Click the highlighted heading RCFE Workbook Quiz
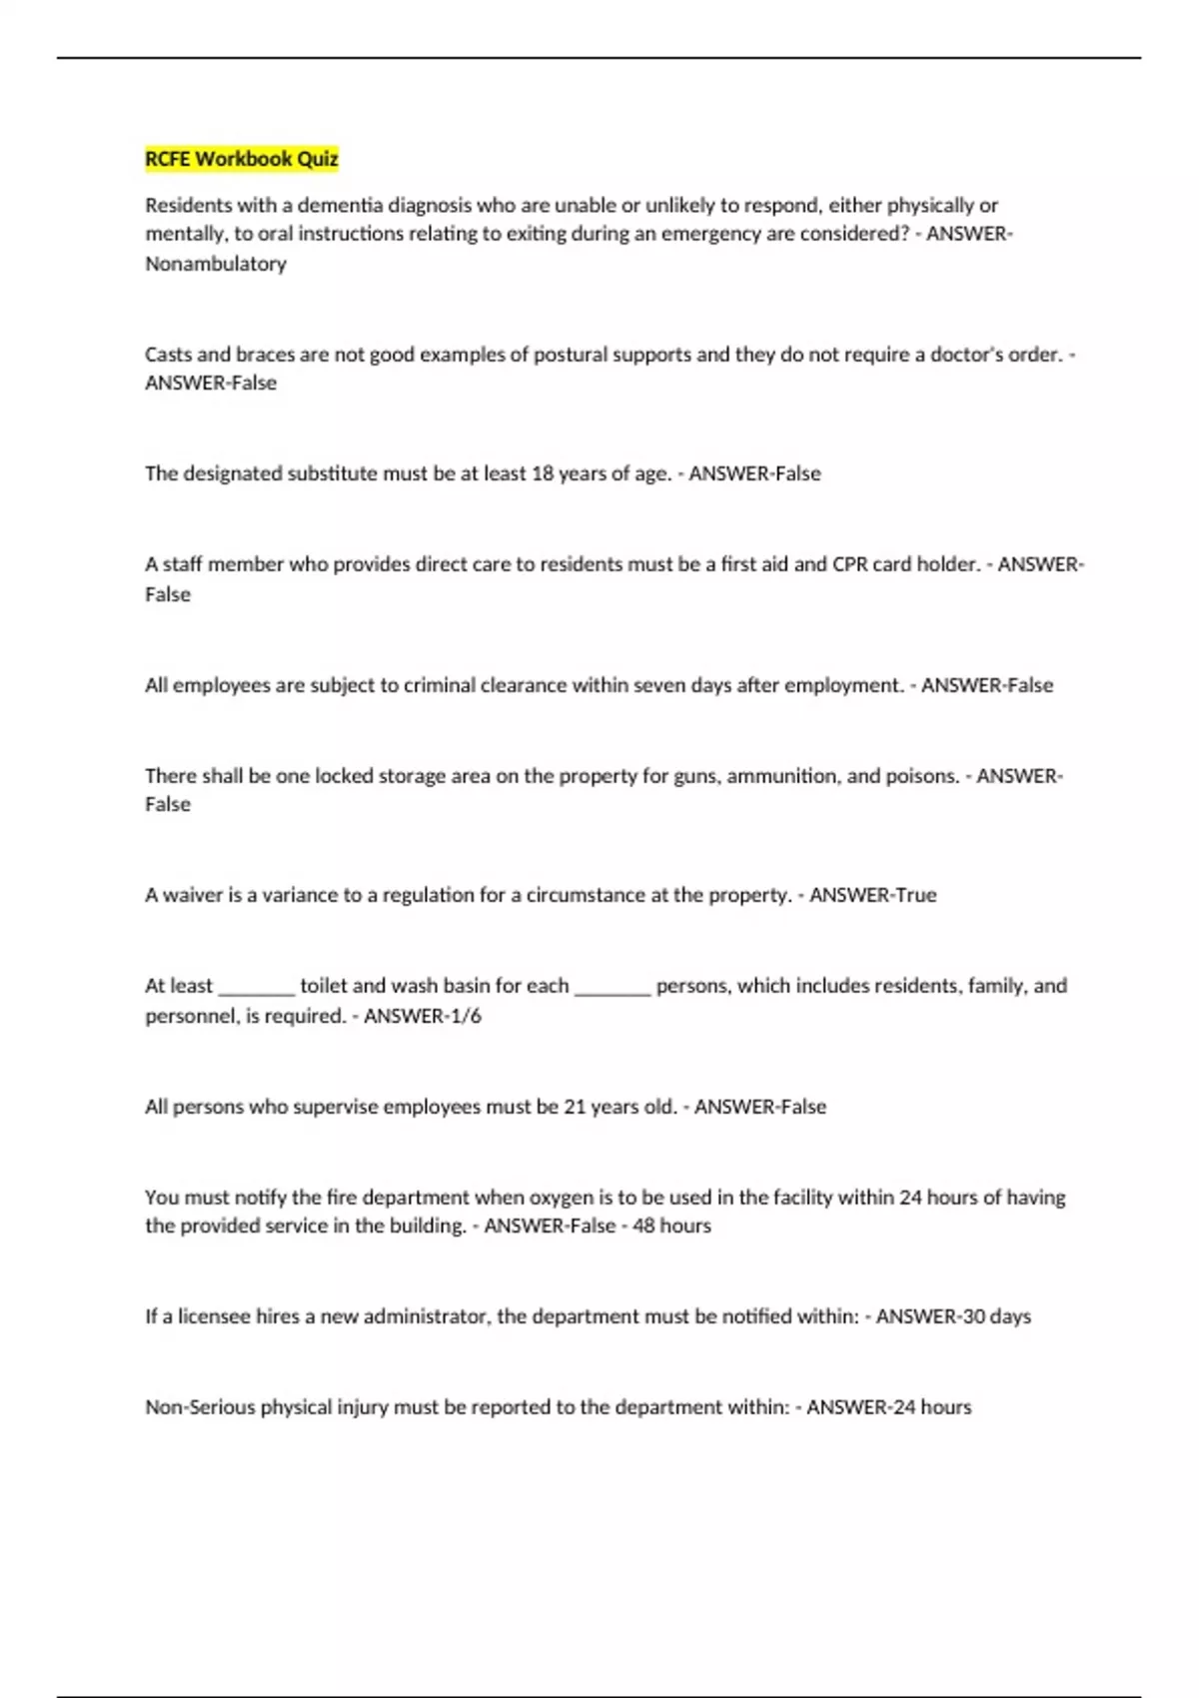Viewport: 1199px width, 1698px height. pyautogui.click(x=242, y=159)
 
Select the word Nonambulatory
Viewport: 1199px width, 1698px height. pyautogui.click(x=216, y=264)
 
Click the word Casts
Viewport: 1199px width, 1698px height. pyautogui.click(x=168, y=355)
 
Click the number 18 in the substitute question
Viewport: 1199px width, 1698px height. pyautogui.click(x=543, y=473)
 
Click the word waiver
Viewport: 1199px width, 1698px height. pyautogui.click(x=193, y=895)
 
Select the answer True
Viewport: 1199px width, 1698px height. pyautogui.click(x=916, y=895)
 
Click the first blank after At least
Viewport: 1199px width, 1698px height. pyautogui.click(x=256, y=987)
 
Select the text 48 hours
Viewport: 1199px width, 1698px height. pyautogui.click(x=671, y=1226)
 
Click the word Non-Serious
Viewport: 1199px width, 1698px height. pyautogui.click(x=200, y=1407)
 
